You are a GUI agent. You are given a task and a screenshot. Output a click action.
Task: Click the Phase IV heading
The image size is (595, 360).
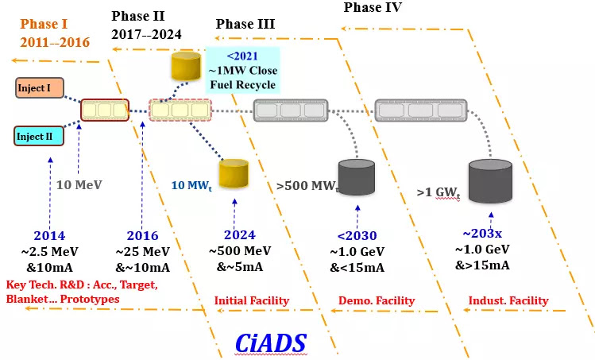(x=373, y=8)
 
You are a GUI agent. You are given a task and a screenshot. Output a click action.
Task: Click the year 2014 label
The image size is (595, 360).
(x=49, y=235)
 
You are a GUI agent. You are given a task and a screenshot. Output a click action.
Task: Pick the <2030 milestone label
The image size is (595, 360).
(x=357, y=235)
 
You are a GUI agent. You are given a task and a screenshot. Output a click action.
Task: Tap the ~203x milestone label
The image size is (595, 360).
(x=483, y=234)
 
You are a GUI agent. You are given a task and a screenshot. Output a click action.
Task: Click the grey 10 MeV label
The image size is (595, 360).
(x=79, y=185)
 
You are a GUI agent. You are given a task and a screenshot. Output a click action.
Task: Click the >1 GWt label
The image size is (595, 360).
(x=439, y=192)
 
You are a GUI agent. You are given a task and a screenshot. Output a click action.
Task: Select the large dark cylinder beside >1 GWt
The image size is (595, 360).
(x=490, y=182)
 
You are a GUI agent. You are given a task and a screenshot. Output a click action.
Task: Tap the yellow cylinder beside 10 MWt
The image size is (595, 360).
(x=235, y=176)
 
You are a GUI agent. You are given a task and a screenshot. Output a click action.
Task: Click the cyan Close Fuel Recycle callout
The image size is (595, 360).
(x=242, y=69)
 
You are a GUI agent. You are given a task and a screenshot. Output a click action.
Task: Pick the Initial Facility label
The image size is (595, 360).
(x=251, y=300)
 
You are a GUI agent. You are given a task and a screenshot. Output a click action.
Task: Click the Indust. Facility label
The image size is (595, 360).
(x=508, y=300)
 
